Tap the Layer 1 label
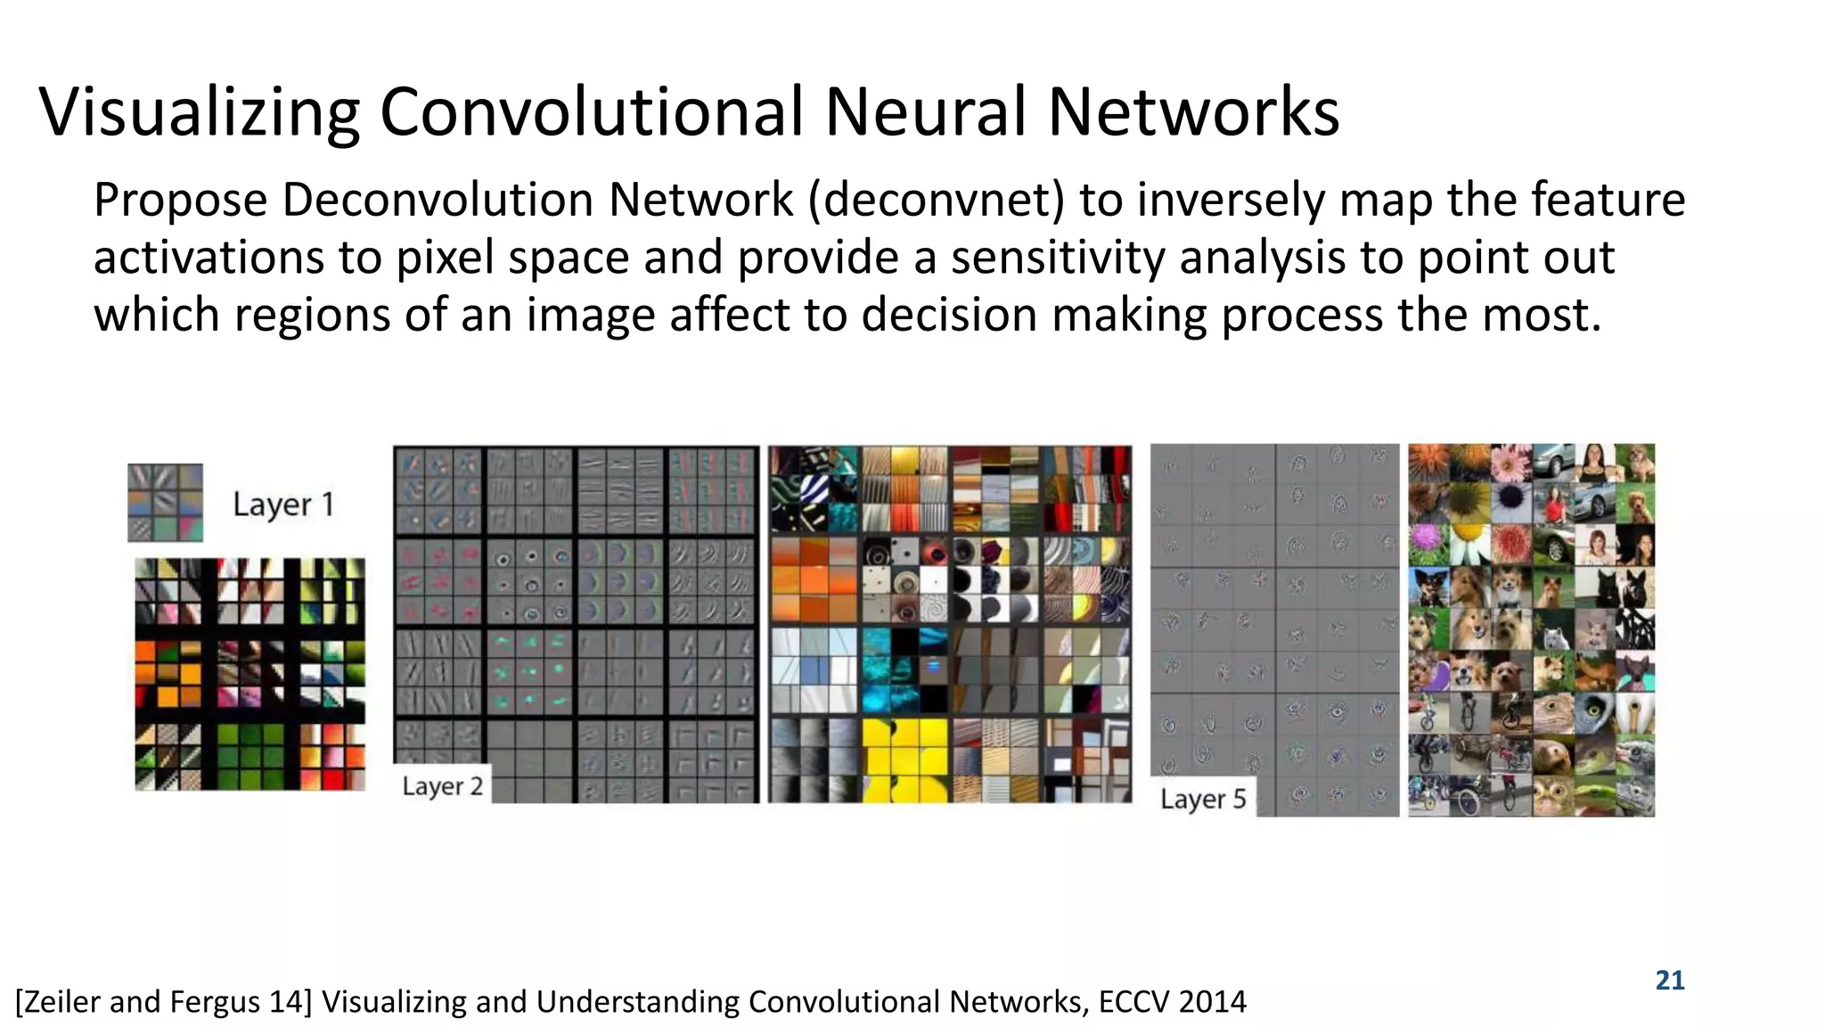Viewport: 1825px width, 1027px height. coord(283,505)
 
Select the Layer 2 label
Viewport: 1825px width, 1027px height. coord(442,786)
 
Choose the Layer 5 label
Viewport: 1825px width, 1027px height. coord(1203,800)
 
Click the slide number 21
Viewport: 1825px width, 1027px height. coord(1669,981)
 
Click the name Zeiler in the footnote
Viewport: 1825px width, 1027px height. coord(60,1002)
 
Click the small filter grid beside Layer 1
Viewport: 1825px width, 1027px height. coord(165,503)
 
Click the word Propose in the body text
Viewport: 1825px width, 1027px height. coord(180,200)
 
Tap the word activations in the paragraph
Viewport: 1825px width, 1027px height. coord(209,258)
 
